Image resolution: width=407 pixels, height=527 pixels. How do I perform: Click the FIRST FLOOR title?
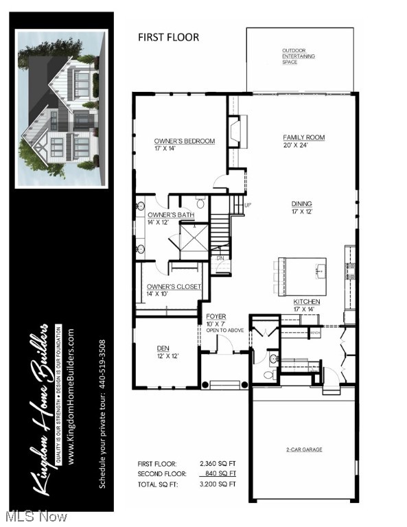click(x=168, y=37)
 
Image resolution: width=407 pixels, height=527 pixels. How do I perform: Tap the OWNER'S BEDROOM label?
click(x=184, y=141)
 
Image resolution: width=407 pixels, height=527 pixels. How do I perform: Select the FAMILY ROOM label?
click(x=303, y=137)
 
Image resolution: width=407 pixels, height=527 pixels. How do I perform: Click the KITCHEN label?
click(x=307, y=302)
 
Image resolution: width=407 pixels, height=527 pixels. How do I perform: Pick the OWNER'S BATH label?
click(x=170, y=215)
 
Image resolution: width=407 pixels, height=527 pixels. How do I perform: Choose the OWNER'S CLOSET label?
click(x=174, y=286)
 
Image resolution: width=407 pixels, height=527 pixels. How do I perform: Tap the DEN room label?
click(x=163, y=348)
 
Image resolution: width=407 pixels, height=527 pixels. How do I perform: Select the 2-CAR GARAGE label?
click(x=304, y=449)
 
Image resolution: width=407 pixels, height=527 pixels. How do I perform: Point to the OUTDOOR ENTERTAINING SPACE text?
click(x=298, y=55)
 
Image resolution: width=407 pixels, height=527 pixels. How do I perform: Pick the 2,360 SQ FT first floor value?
click(x=218, y=464)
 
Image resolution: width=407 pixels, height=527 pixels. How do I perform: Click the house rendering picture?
click(x=62, y=108)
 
